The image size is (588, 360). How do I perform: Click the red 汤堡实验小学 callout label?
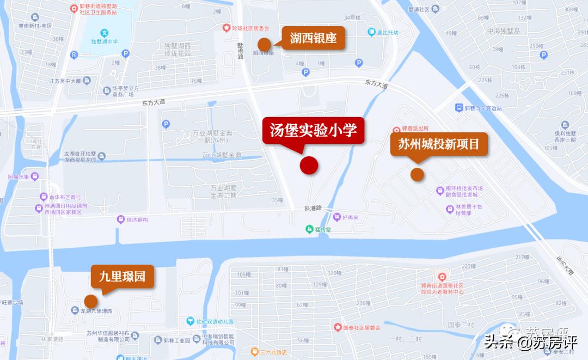(313, 131)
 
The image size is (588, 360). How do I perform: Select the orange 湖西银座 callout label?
(313, 38)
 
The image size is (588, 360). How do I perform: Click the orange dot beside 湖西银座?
(265, 44)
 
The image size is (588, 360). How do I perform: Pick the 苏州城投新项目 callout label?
(439, 145)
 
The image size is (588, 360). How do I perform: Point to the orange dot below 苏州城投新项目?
(417, 174)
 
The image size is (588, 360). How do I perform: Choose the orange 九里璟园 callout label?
(122, 276)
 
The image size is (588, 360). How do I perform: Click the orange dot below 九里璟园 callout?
(90, 301)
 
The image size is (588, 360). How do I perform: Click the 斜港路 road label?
(314, 208)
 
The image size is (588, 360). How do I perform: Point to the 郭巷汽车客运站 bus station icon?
(459, 108)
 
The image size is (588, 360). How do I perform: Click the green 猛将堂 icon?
(309, 229)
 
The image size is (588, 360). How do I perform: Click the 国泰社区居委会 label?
(362, 328)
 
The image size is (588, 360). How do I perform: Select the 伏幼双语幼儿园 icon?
(191, 321)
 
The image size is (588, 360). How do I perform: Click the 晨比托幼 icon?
(371, 33)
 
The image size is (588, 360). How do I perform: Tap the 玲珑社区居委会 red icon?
(226, 27)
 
